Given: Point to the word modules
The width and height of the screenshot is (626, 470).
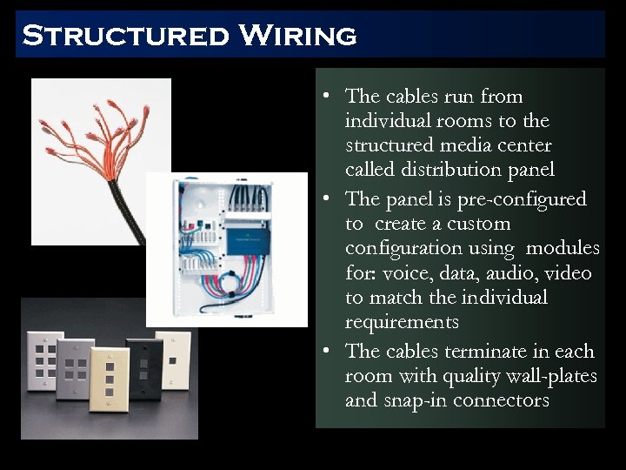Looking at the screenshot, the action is coord(568,248).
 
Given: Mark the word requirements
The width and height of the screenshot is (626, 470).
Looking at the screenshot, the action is coord(401,322).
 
